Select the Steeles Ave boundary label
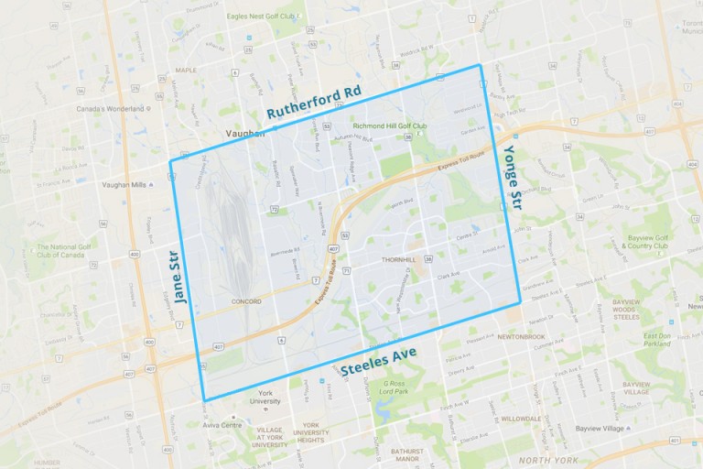point(378,360)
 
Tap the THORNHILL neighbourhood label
point(396,259)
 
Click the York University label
point(265,397)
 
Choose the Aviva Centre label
point(223,425)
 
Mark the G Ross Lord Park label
point(395,387)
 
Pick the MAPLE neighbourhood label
point(186,70)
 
